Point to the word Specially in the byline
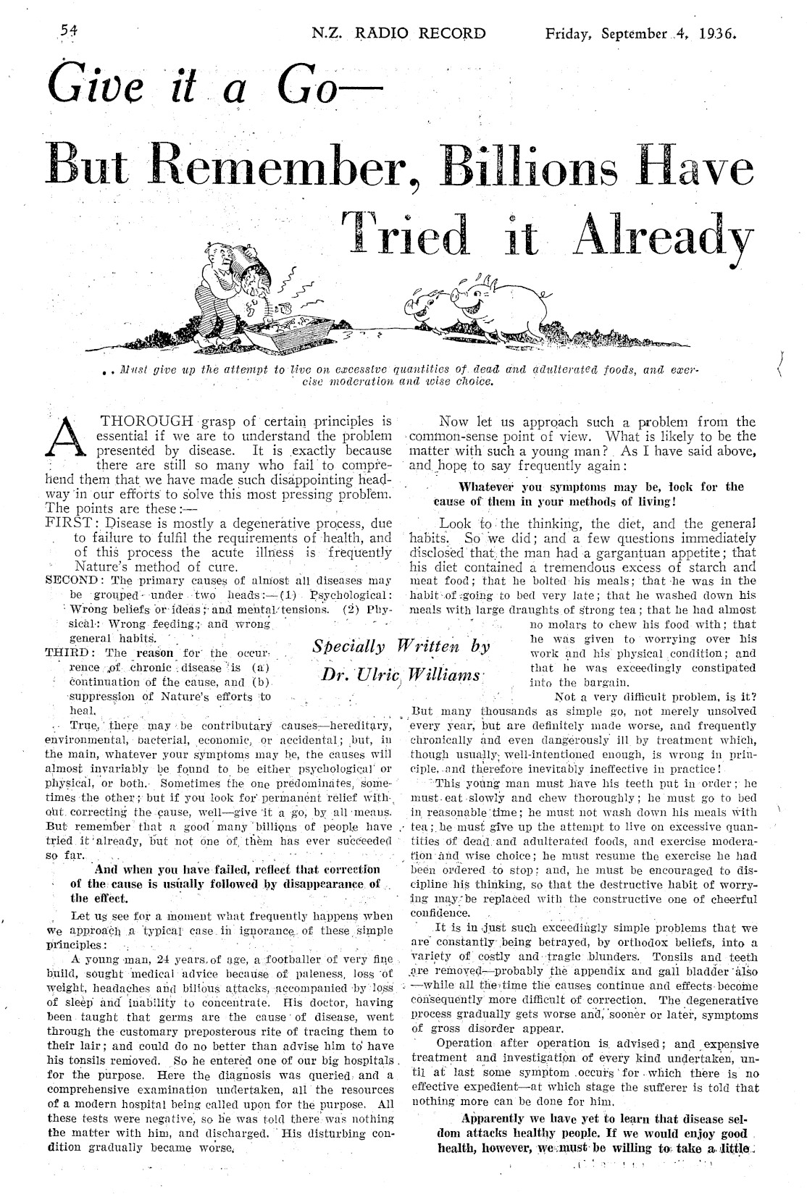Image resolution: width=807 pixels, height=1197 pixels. click(348, 645)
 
